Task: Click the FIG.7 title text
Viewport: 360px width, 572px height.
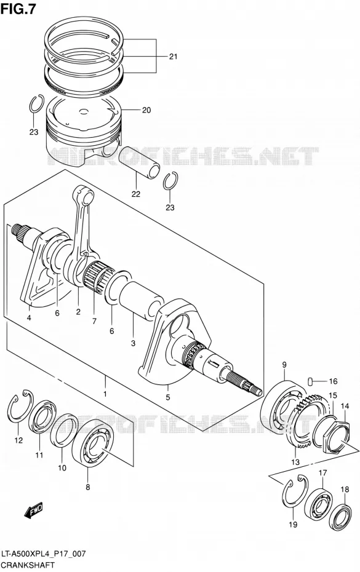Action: tap(18, 9)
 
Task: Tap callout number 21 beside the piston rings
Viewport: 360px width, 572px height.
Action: tap(173, 56)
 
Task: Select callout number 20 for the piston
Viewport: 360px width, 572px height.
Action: tap(146, 110)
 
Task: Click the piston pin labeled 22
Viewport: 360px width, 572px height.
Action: tap(140, 163)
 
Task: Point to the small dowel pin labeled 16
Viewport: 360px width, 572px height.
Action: tap(310, 381)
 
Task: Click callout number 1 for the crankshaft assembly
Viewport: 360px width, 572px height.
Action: tap(105, 394)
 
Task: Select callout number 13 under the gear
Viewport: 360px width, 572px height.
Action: tap(295, 462)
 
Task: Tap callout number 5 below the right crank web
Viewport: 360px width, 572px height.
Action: tap(167, 397)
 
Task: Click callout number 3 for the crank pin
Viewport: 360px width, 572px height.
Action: tap(133, 343)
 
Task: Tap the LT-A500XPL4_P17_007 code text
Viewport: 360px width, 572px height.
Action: tap(44, 554)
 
